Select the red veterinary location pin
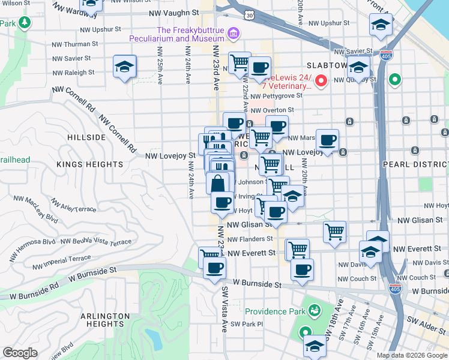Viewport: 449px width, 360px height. tap(321, 80)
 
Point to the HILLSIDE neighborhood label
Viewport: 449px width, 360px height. tap(86, 137)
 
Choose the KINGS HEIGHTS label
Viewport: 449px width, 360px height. tap(90, 164)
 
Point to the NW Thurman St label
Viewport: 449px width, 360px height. tap(75, 44)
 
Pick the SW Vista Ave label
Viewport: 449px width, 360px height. tap(224, 308)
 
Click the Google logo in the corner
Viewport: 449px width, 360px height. tap(20, 353)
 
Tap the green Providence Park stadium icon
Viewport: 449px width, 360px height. tap(313, 310)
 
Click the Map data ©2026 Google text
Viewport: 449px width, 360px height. tap(411, 355)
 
